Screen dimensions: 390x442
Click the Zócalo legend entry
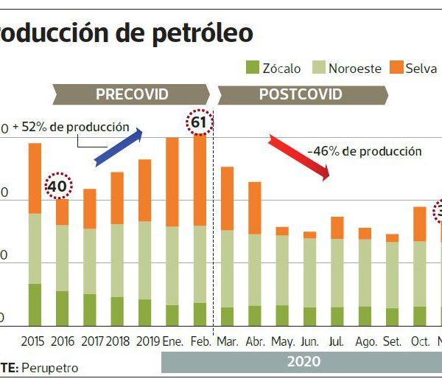[x=273, y=69]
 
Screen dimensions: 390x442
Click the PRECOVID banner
[x=132, y=94]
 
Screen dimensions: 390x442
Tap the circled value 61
[x=200, y=123]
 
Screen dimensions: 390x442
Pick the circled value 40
[x=57, y=187]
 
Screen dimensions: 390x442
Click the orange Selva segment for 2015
[x=35, y=178]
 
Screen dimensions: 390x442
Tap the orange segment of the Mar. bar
[x=228, y=198]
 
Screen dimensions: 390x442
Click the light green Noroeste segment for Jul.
[x=337, y=273]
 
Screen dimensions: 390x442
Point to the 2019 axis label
[x=148, y=342]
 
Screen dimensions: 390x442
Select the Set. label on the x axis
[x=392, y=342]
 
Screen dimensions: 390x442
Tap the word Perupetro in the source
[x=49, y=367]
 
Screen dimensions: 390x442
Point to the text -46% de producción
[x=364, y=151]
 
